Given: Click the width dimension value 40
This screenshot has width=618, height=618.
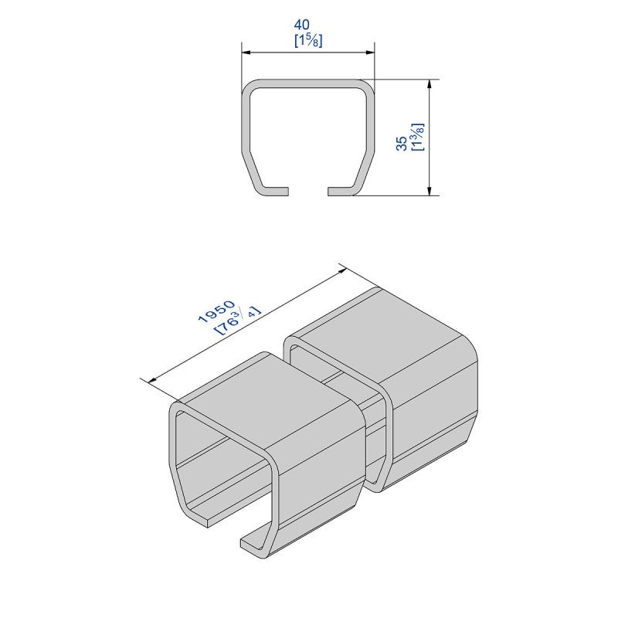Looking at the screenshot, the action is click(302, 25).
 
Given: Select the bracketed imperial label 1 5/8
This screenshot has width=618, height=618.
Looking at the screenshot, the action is click(308, 41).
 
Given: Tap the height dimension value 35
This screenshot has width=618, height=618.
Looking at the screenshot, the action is click(401, 143).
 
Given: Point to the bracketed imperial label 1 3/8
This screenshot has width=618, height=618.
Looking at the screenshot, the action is click(417, 137).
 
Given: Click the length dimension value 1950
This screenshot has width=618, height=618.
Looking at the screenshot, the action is click(216, 311).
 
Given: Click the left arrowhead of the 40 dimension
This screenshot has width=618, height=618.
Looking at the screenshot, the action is click(246, 52).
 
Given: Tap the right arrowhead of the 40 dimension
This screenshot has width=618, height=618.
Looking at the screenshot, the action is click(369, 52).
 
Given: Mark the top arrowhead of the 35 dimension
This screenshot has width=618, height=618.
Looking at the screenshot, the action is click(430, 85).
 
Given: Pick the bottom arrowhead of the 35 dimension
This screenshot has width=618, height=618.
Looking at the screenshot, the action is click(430, 190).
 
